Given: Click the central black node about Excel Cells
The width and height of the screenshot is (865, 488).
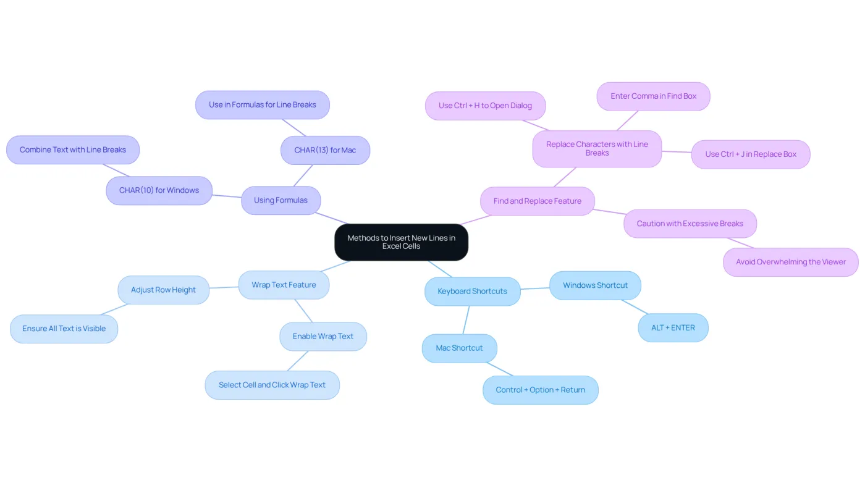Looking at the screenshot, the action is point(401,242).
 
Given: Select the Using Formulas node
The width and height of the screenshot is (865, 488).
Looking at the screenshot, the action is point(281,200).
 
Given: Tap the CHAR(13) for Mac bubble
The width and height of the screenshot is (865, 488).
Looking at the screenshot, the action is point(325,150).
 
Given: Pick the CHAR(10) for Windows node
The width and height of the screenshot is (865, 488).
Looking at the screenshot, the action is point(159,190).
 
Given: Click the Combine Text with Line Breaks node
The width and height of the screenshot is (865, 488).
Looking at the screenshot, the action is point(73,149).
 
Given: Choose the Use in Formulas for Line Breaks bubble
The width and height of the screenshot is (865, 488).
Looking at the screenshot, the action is point(263,104).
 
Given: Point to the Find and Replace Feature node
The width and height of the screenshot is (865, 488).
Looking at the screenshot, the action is point(538,201).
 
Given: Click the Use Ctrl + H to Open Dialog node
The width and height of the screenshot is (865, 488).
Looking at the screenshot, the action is point(486,106).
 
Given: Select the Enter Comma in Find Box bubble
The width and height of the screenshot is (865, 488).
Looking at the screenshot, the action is point(654,96).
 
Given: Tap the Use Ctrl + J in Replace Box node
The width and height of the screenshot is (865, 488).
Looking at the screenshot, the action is point(751,154).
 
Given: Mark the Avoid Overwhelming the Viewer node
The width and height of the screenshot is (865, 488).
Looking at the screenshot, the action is point(791,262).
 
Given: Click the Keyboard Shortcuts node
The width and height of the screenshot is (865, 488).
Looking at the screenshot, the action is point(472,291).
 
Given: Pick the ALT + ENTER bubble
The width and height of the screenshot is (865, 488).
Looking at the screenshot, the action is point(673,327).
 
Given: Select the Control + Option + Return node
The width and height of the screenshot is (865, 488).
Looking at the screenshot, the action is point(541,390).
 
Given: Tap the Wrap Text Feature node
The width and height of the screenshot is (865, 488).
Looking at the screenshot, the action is point(284,285).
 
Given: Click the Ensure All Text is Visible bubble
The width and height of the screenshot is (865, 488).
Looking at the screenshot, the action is point(64,329).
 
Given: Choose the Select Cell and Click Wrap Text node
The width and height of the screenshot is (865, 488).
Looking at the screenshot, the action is point(272,385).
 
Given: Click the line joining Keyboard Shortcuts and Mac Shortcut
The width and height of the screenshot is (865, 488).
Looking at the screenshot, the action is point(466,320).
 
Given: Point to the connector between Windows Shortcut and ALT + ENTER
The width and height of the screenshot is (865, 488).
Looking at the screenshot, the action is point(635,306).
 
